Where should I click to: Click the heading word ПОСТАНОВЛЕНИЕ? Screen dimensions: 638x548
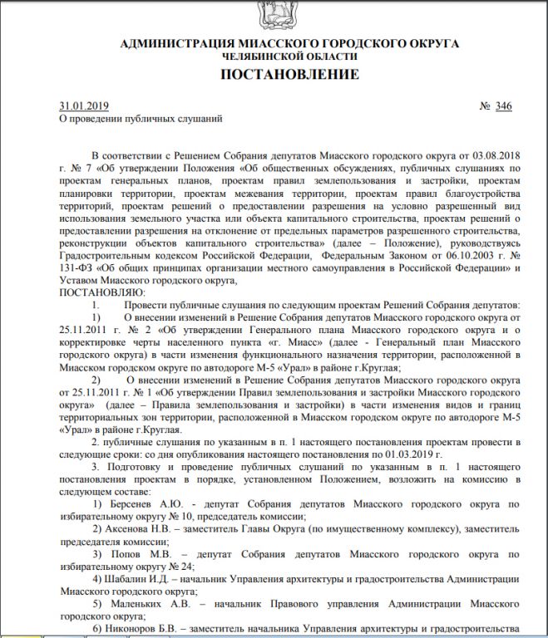tap(289, 75)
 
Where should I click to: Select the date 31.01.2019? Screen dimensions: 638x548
tap(84, 106)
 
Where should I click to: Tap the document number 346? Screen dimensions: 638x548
tap(503, 106)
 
